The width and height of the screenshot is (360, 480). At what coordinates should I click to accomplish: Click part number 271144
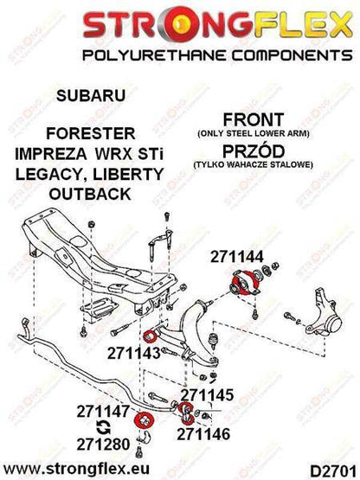coord(236,257)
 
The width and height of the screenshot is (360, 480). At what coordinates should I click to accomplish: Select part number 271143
coord(134,355)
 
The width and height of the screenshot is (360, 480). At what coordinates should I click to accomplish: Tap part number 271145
coord(207,395)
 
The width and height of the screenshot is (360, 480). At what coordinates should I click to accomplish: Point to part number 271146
coord(203,434)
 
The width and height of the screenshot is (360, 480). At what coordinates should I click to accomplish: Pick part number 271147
coord(103,412)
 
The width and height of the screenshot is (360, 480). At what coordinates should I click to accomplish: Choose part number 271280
coord(103,445)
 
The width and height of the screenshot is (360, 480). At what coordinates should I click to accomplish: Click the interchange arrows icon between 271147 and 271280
coord(103,427)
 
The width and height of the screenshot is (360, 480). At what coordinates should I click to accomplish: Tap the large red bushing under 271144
coord(245,283)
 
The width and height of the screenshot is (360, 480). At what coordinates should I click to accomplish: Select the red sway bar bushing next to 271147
coord(144,419)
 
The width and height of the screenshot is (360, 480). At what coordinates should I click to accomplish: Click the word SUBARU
coord(91,95)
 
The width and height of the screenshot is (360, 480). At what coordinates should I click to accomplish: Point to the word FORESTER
coord(91,134)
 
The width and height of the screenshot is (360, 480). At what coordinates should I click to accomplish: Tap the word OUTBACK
coord(90,194)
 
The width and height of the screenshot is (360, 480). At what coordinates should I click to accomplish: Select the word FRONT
coord(254,119)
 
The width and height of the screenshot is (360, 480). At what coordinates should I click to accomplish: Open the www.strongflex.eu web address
coord(76,469)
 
